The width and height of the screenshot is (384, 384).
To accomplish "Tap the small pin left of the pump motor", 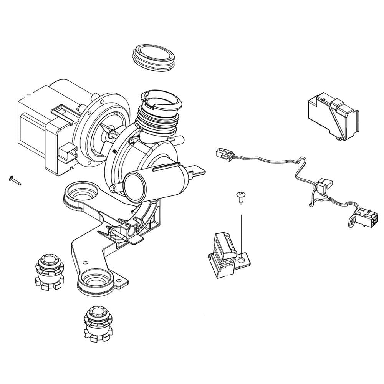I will [x=14, y=180].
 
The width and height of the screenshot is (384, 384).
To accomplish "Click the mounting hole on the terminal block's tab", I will [x=241, y=260].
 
